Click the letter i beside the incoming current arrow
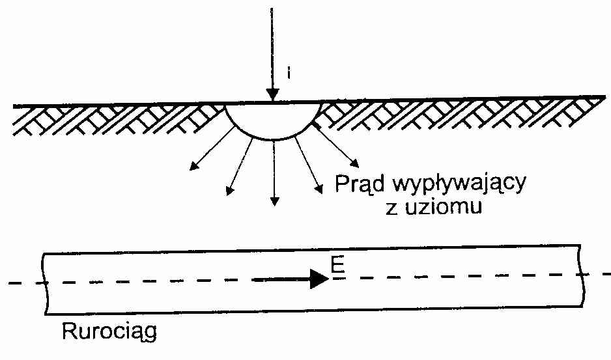[x=289, y=74]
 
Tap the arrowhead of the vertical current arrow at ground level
[x=272, y=94]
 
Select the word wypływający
[x=456, y=184]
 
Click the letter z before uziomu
[x=392, y=209]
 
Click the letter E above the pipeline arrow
[x=337, y=265]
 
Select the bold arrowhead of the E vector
[x=320, y=279]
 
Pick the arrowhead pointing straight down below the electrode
[x=275, y=201]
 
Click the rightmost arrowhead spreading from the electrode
[x=355, y=163]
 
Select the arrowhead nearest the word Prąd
[x=319, y=189]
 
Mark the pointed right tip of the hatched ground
[x=605, y=96]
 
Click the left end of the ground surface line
[x=14, y=106]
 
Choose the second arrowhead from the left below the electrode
[x=229, y=191]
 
